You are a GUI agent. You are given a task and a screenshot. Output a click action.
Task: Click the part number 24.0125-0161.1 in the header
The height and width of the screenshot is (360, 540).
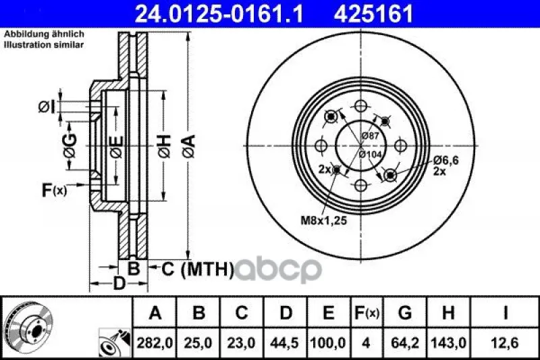[x=219, y=14]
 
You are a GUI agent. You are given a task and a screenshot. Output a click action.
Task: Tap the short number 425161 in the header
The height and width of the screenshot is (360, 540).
[x=373, y=14]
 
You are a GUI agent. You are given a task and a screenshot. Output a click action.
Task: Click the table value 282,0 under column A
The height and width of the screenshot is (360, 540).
[x=155, y=342]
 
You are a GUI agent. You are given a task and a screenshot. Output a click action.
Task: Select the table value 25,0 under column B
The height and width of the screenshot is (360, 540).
[x=198, y=342]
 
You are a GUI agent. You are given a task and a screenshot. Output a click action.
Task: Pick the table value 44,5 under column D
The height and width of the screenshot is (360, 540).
[x=285, y=342]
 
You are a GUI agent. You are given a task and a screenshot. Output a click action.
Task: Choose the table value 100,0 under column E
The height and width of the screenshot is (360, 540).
[x=328, y=342]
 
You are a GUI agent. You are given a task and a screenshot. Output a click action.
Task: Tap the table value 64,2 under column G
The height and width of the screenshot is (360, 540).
[x=404, y=342]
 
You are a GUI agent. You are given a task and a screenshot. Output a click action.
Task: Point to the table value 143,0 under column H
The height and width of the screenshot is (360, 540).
[x=448, y=342]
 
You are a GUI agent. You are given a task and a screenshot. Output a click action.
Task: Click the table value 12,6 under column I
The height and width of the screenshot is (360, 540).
[x=505, y=342]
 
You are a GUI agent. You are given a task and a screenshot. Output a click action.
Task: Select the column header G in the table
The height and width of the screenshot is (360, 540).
[x=404, y=313]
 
